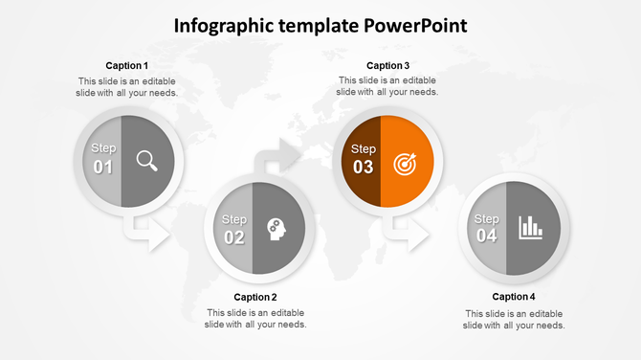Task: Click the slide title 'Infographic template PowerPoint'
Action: pos(320,25)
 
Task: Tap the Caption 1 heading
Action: pos(126,65)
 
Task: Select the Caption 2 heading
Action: pos(255,297)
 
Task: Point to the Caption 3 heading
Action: pos(387,65)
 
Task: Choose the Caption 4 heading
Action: pos(514,297)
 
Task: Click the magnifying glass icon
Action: pos(147,161)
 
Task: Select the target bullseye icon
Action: pos(406,165)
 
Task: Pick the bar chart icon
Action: pos(530,228)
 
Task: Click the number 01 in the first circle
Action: pos(103,168)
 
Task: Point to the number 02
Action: pos(234,237)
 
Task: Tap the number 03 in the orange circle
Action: pos(364,168)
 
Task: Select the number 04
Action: pos(487,236)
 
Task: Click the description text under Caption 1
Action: pos(127,87)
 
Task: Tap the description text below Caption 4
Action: pos(514,319)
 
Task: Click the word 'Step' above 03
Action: pos(364,148)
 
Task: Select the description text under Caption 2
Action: pos(255,319)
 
